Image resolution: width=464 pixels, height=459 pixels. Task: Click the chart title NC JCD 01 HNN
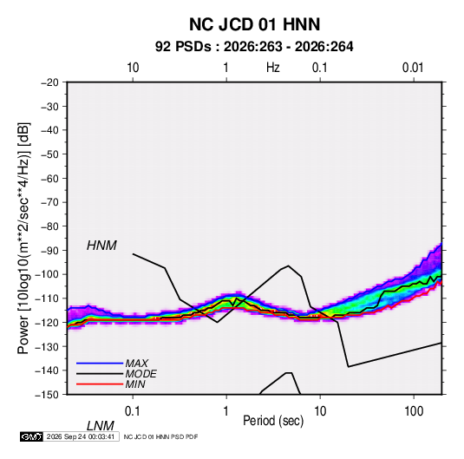[254, 24]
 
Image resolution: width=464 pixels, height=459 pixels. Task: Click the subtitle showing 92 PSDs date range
[254, 47]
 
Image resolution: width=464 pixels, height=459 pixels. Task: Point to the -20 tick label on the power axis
[49, 82]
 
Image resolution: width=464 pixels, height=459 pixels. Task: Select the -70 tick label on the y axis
[49, 202]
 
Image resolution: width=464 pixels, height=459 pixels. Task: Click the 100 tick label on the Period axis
[414, 410]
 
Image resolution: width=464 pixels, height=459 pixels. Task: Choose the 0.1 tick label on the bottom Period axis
[132, 410]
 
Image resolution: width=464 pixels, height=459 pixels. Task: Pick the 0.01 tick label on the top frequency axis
[413, 68]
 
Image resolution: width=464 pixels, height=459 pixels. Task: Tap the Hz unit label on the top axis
[273, 68]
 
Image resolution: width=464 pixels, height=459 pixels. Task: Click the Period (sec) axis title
[273, 421]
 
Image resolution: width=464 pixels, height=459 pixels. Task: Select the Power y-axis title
[23, 238]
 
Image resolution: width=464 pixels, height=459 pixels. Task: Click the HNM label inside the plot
[101, 246]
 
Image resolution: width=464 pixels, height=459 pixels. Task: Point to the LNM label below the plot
[100, 426]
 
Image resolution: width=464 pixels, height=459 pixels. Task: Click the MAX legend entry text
[136, 364]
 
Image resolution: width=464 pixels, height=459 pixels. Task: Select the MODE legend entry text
[141, 374]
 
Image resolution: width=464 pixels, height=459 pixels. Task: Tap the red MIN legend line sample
[100, 384]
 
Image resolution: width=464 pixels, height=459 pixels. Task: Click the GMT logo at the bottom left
[32, 436]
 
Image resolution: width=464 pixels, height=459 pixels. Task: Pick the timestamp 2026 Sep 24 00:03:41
[81, 436]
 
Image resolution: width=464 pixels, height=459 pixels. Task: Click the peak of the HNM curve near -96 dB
[288, 266]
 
